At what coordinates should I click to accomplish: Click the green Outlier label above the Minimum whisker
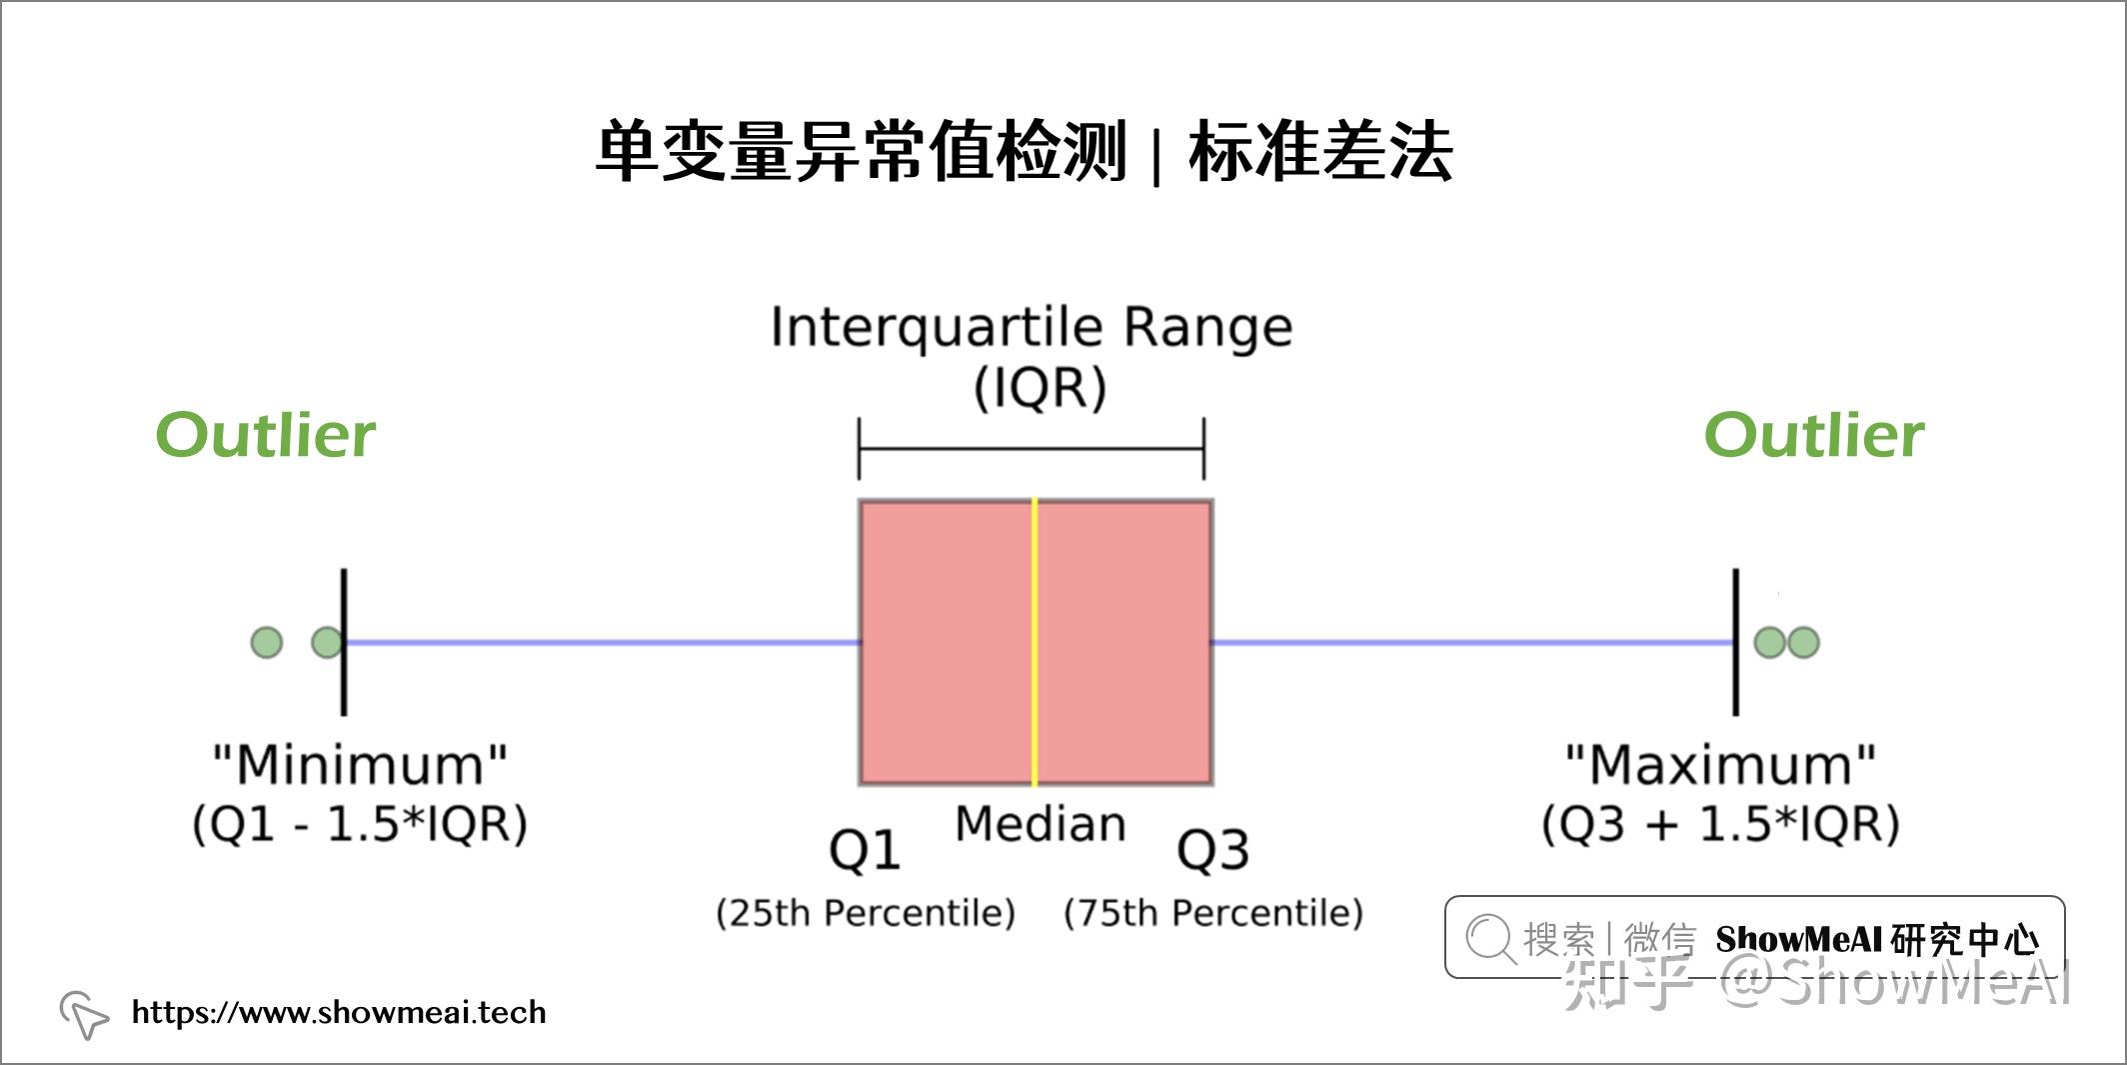[x=266, y=435]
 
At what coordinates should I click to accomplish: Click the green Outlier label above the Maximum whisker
[x=1814, y=435]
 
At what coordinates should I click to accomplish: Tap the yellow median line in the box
[x=1035, y=642]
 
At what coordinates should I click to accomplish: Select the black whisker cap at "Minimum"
[x=344, y=642]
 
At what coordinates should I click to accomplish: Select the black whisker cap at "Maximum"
[x=1736, y=642]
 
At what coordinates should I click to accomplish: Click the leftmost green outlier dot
[x=267, y=642]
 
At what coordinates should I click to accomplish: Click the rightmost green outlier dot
[x=1803, y=642]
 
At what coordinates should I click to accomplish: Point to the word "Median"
[x=1041, y=824]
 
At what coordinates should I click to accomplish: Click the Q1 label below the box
[x=865, y=852]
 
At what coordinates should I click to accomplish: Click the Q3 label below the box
[x=1212, y=852]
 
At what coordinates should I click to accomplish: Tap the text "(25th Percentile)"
[x=866, y=913]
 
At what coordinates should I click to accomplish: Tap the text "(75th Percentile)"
[x=1213, y=913]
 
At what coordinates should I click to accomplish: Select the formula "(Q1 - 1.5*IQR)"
[x=360, y=825]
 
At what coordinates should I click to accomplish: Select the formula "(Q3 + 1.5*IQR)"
[x=1720, y=825]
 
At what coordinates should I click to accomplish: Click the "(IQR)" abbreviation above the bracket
[x=1041, y=388]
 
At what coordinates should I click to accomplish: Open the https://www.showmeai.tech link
[x=339, y=1012]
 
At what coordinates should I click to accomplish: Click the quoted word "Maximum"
[x=1720, y=765]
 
